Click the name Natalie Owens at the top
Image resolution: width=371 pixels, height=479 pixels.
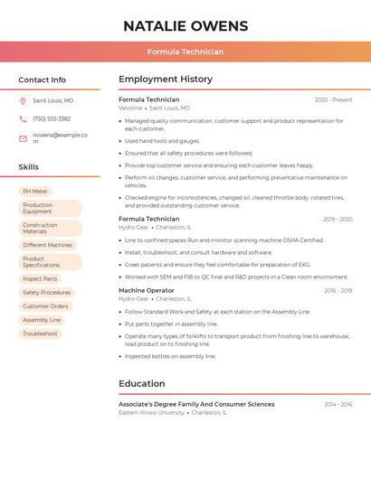click(185, 25)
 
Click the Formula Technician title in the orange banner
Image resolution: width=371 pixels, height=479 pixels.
click(185, 52)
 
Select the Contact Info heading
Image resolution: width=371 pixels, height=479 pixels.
click(43, 80)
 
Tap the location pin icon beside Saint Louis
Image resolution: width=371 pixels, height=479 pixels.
click(23, 101)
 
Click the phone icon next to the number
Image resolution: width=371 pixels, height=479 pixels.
click(23, 118)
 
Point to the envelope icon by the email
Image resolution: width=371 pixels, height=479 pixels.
click(23, 138)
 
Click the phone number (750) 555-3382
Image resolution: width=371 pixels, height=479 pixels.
click(52, 118)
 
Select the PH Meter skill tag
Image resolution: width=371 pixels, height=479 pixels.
click(35, 192)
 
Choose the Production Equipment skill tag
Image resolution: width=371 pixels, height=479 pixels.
click(50, 209)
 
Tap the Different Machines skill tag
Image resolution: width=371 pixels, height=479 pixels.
click(47, 245)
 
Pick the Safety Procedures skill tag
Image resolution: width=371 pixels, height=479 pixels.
click(46, 293)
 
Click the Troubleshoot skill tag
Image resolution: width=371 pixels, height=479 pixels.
click(40, 333)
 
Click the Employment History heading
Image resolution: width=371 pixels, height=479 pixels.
click(166, 80)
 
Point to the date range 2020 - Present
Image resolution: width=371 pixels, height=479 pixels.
click(333, 99)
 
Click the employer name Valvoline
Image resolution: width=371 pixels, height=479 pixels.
click(130, 108)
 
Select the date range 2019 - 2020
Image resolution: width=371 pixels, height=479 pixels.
click(338, 219)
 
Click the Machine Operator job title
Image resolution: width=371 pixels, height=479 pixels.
click(147, 290)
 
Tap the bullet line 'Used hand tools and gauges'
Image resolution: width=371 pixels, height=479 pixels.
click(162, 141)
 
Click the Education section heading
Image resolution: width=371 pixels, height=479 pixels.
click(141, 383)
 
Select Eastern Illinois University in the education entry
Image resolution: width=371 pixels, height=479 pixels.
click(152, 412)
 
